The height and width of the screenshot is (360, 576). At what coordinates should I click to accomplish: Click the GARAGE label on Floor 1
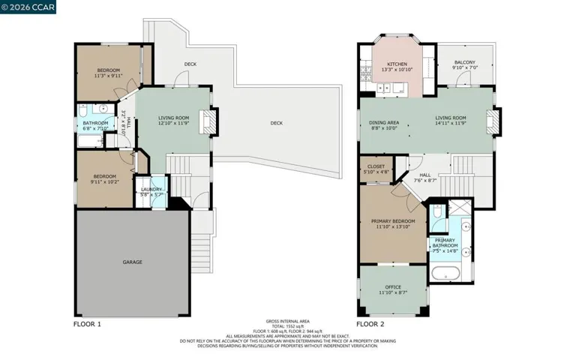(132, 262)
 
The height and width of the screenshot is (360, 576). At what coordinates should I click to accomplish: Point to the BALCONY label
(465, 63)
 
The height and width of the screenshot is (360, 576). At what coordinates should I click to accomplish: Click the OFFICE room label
(393, 286)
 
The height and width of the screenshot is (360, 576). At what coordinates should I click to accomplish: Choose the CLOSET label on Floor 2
(376, 166)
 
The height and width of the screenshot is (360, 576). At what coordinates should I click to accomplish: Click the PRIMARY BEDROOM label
(393, 221)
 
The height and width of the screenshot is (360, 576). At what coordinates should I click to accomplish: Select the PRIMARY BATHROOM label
(443, 241)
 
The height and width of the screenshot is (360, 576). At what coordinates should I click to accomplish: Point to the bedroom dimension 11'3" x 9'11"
(108, 76)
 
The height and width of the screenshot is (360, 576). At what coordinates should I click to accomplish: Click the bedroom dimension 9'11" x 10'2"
(104, 181)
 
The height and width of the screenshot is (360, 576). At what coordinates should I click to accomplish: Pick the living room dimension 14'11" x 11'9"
(451, 123)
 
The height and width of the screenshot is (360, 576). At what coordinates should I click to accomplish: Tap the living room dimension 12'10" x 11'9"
(172, 123)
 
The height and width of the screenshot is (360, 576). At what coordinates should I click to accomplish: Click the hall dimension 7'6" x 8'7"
(425, 180)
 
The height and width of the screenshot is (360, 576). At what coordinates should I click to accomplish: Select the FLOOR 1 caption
(87, 324)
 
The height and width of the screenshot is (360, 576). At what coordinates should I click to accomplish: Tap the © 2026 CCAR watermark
(28, 8)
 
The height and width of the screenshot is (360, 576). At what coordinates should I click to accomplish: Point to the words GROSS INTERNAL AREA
(287, 320)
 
